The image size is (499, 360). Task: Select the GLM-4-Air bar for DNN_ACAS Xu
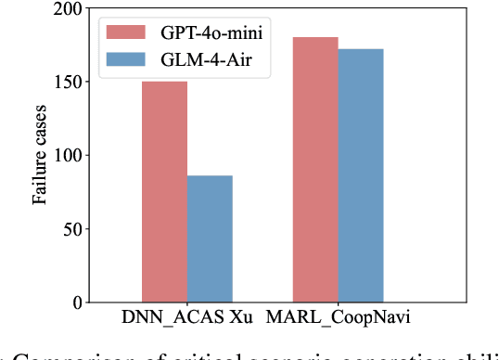(210, 238)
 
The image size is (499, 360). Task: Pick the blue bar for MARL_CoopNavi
(361, 175)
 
